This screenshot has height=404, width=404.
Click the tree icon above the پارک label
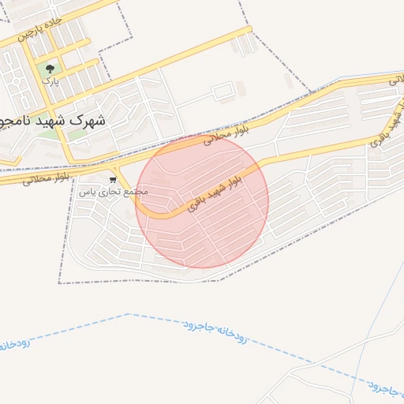click(x=51, y=69)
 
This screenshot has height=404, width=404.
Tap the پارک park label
click(x=50, y=81)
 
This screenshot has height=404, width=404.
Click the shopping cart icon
click(x=113, y=181)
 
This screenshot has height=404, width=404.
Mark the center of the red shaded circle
click(x=202, y=201)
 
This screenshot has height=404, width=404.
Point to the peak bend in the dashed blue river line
click(x=128, y=314)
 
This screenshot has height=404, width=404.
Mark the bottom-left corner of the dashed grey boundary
click(x=59, y=282)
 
